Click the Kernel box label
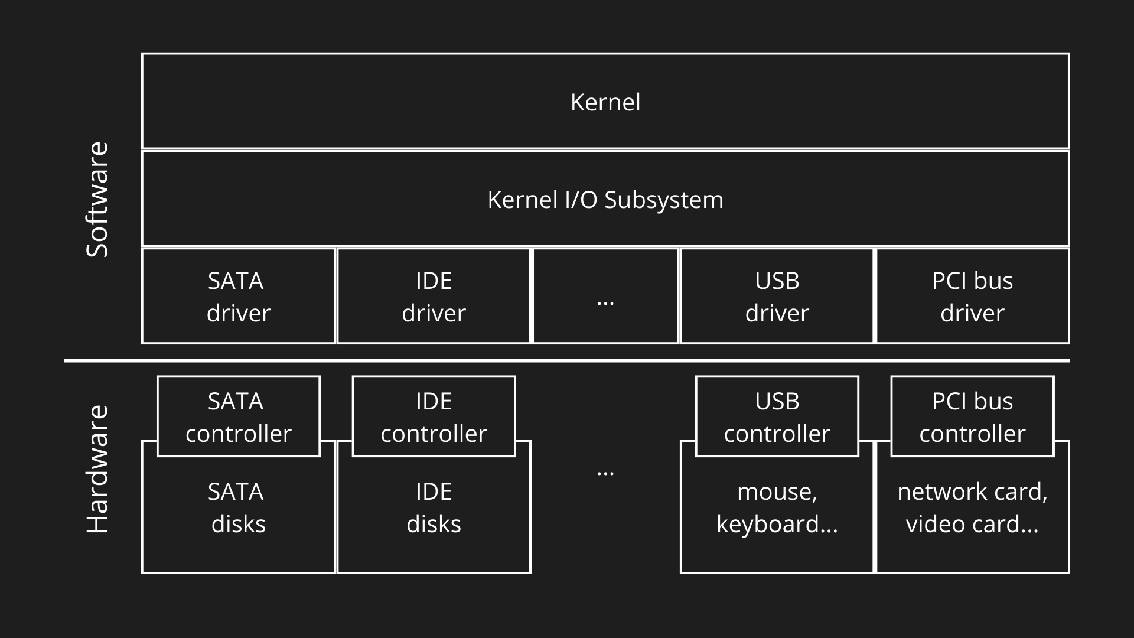click(x=605, y=102)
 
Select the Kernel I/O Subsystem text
click(x=605, y=200)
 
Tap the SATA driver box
click(x=238, y=296)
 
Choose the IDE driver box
click(x=434, y=296)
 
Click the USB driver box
click(x=777, y=296)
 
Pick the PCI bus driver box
click(x=972, y=296)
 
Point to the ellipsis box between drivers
click(x=605, y=296)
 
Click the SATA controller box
click(x=238, y=416)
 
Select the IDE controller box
click(x=434, y=416)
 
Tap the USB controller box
click(x=777, y=416)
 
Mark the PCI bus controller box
click(x=972, y=416)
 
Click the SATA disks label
click(x=238, y=508)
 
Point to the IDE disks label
click(x=434, y=508)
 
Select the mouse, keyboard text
click(x=777, y=508)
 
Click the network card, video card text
click(x=972, y=508)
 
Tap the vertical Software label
click(x=98, y=200)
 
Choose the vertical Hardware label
click(x=98, y=470)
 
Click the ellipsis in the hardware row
click(x=605, y=473)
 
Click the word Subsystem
click(x=663, y=200)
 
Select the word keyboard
click(x=768, y=525)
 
